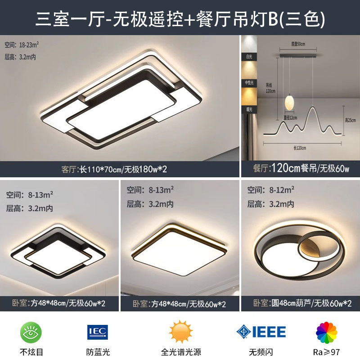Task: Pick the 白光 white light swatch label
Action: pyautogui.click(x=248, y=57)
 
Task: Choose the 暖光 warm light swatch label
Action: pyautogui.click(x=248, y=108)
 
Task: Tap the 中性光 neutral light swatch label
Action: pyautogui.click(x=248, y=83)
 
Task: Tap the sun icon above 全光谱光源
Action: pyautogui.click(x=180, y=332)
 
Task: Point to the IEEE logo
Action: pyautogui.click(x=261, y=333)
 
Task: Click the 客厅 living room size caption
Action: pyautogui.click(x=114, y=170)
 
